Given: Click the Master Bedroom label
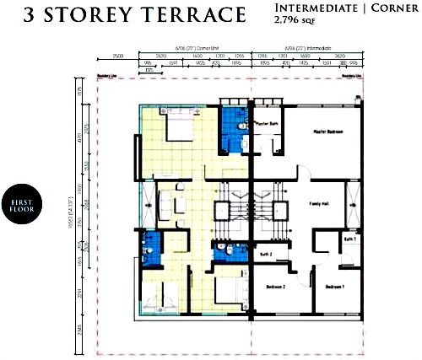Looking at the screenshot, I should click(x=328, y=132).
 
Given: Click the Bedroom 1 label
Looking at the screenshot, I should click(x=335, y=287).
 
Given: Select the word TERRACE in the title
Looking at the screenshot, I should click(x=192, y=15).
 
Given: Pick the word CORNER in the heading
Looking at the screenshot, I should click(x=394, y=9).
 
